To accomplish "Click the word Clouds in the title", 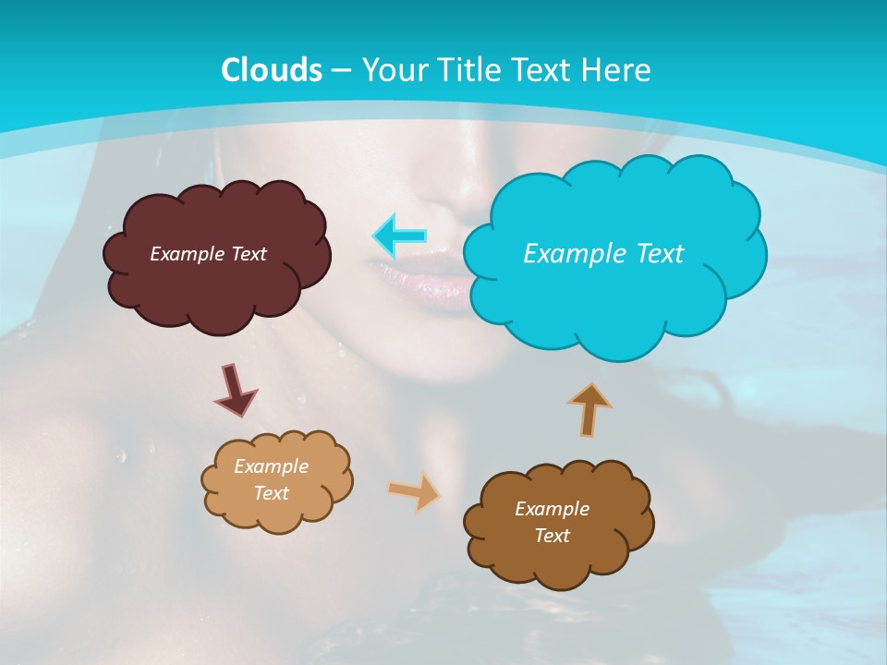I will click(x=272, y=70).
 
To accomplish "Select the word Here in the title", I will click(x=620, y=70).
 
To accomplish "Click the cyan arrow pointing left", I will click(x=400, y=236).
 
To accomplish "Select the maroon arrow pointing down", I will click(x=236, y=389).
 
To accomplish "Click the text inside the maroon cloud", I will click(x=208, y=254).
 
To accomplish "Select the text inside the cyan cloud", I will click(x=603, y=254).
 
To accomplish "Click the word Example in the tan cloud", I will click(x=271, y=466).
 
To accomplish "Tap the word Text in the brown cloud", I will click(x=552, y=536).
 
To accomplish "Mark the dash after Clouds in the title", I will click(x=341, y=71).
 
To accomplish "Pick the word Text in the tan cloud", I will click(x=271, y=493).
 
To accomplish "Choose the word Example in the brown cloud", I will click(x=552, y=509).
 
